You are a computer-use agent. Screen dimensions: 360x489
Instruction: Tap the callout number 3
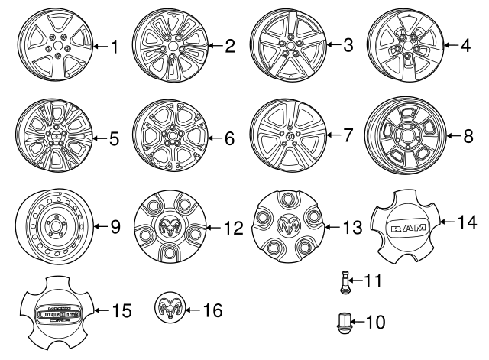348,46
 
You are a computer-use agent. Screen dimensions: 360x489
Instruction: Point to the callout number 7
348,137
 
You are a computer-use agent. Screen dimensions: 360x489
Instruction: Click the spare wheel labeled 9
51,226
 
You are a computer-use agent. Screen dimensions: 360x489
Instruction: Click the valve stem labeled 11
345,284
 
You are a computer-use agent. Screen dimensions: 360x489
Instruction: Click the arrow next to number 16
192,310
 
